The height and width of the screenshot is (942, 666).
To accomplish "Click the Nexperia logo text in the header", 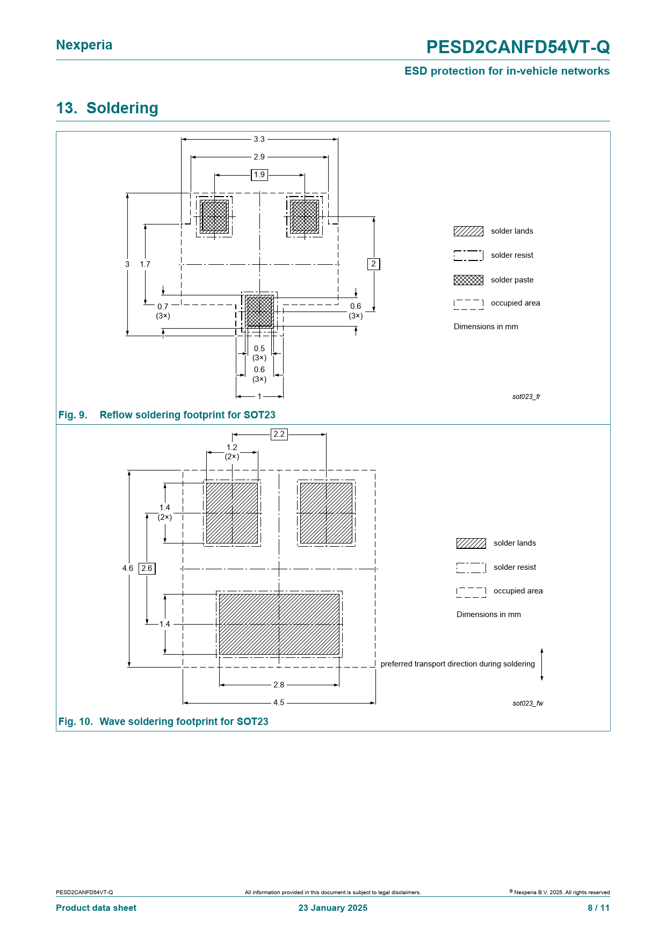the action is pyautogui.click(x=84, y=45).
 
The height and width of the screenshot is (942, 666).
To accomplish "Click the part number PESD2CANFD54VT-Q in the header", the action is pyautogui.click(x=518, y=47).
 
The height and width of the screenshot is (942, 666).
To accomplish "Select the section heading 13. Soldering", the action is pyautogui.click(x=107, y=108).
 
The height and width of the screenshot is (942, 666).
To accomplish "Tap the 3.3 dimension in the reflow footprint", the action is pyautogui.click(x=259, y=139).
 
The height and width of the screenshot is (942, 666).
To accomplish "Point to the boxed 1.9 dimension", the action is pyautogui.click(x=259, y=175).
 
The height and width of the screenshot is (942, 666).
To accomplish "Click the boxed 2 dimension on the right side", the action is pyautogui.click(x=374, y=264).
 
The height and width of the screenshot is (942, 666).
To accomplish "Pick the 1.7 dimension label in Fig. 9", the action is pyautogui.click(x=145, y=264).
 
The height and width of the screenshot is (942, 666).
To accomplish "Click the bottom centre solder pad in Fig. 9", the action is pyautogui.click(x=259, y=311).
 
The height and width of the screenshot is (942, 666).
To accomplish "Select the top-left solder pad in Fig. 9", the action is pyautogui.click(x=214, y=216).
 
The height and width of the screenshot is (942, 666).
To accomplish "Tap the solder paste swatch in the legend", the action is pyautogui.click(x=468, y=280).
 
